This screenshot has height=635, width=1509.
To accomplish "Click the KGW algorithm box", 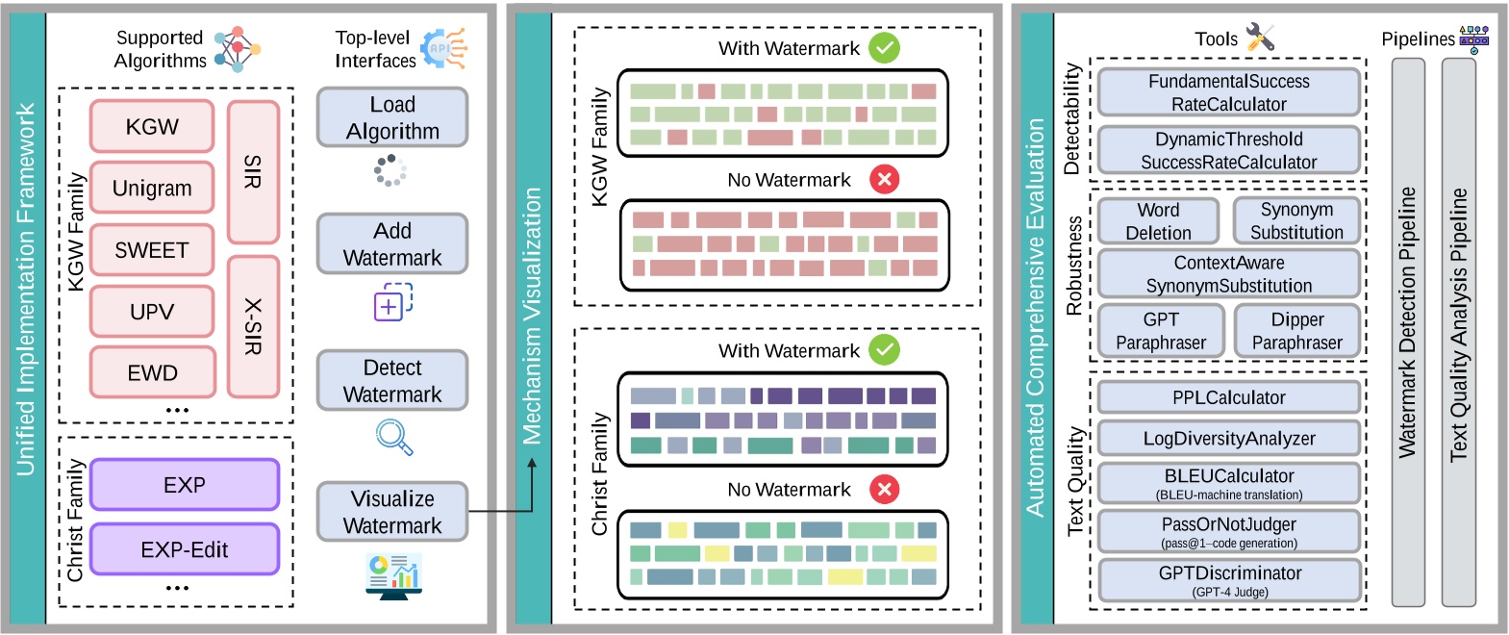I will point(152,126).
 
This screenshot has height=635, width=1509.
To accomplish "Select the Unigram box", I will point(152,188).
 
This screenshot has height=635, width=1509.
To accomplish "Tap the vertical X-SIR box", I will point(253,326).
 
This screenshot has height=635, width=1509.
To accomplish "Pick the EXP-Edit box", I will point(184,549).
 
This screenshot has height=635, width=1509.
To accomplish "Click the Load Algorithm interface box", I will point(392,117).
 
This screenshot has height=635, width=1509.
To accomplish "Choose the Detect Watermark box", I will point(392,381).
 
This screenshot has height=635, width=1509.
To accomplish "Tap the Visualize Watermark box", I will point(392,512).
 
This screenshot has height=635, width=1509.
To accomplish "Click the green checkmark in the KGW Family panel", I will point(884,48).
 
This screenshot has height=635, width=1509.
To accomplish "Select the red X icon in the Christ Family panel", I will point(884,489).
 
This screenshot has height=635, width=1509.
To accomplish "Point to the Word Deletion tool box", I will point(1158,221).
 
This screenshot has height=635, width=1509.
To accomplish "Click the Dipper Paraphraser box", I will point(1296,331).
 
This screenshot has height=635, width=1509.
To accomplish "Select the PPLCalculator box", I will point(1228,397).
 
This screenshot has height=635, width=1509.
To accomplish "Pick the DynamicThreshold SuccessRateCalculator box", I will point(1228,150).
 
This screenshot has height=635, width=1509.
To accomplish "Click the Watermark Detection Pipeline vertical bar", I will point(1408,332).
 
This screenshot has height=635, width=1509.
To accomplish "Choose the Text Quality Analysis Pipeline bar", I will point(1458,332).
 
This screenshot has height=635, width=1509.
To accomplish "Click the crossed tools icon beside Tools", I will point(1259,38).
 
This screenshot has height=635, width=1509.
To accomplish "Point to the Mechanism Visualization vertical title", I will point(532,317).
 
